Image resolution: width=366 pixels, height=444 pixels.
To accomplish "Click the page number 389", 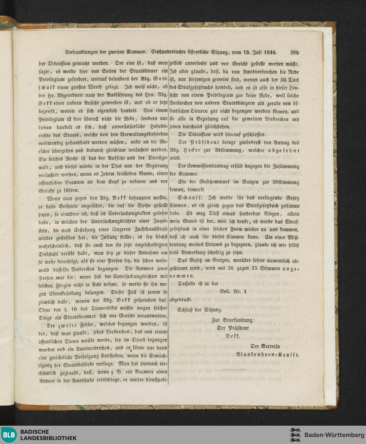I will [294, 52].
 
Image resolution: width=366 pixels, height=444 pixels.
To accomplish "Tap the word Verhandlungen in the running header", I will [81, 52].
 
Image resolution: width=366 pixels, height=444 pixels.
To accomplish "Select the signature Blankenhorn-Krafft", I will [268, 355].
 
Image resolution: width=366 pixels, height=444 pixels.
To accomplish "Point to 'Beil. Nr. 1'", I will [234, 291].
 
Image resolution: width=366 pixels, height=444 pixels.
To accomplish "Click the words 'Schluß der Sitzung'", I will [200, 310].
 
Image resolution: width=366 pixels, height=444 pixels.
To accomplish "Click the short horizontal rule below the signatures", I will [234, 370].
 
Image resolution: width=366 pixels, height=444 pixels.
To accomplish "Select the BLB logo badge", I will [8, 434].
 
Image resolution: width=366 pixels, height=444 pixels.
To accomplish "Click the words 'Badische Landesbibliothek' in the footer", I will [48, 435].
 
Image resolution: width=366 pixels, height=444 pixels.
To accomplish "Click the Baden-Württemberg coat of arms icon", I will [295, 435].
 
